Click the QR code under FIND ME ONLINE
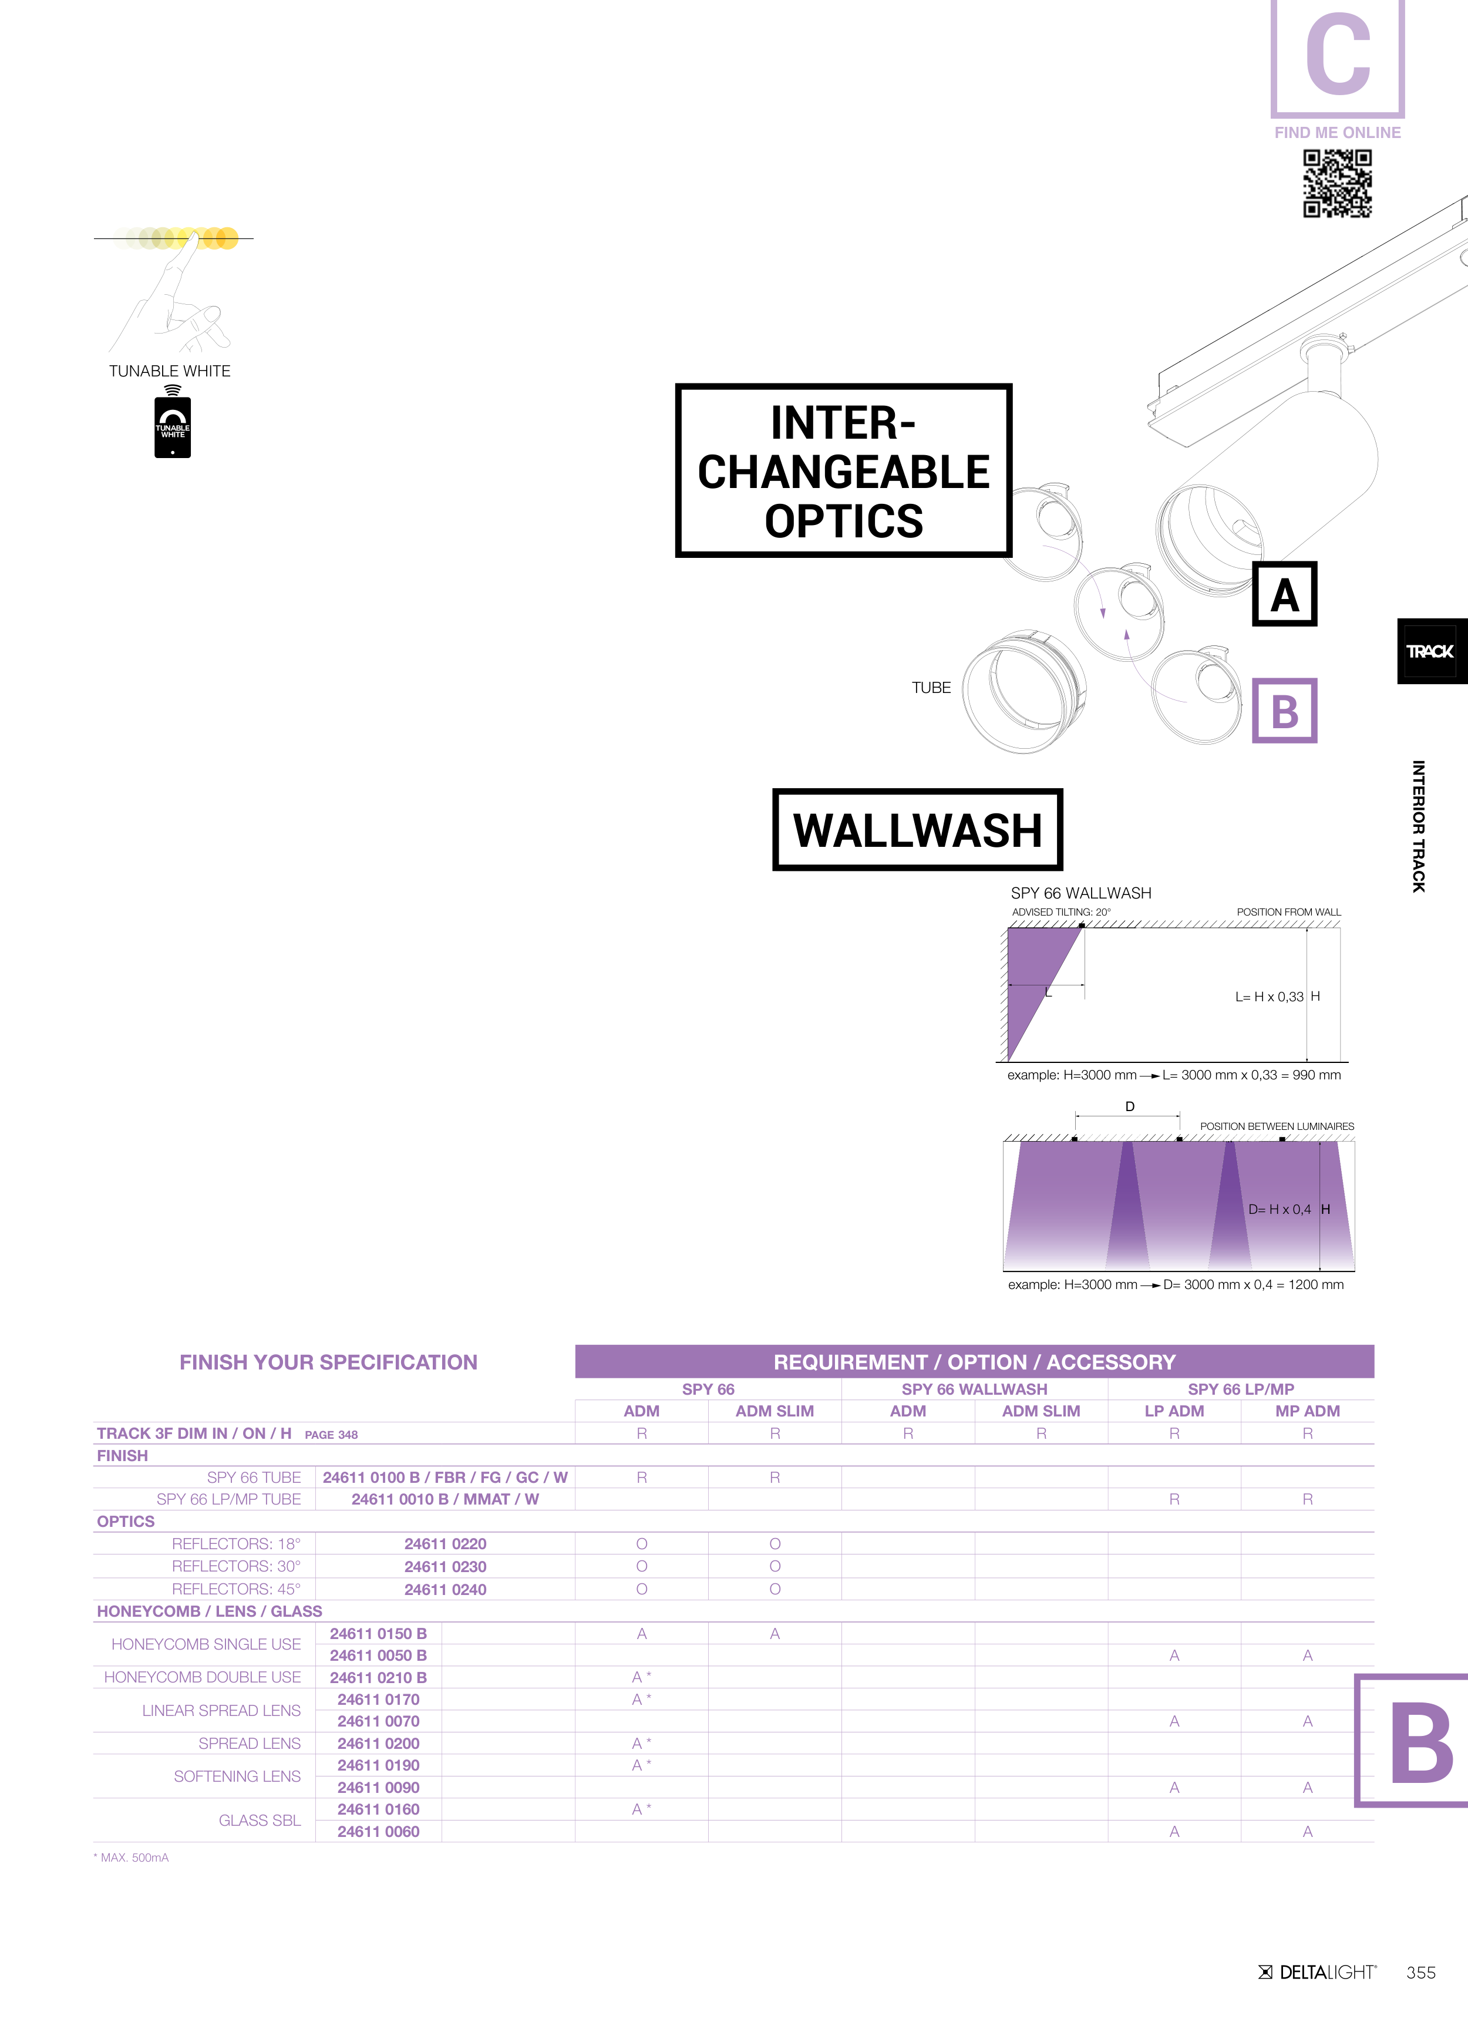point(1337,183)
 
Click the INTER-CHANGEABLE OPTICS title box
point(843,471)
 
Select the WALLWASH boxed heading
point(918,830)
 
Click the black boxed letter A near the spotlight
point(1285,594)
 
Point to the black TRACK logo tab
point(1432,651)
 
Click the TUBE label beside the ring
point(931,687)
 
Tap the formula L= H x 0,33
point(1268,997)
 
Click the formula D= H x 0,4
point(1280,1209)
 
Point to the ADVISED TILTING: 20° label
point(1061,911)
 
